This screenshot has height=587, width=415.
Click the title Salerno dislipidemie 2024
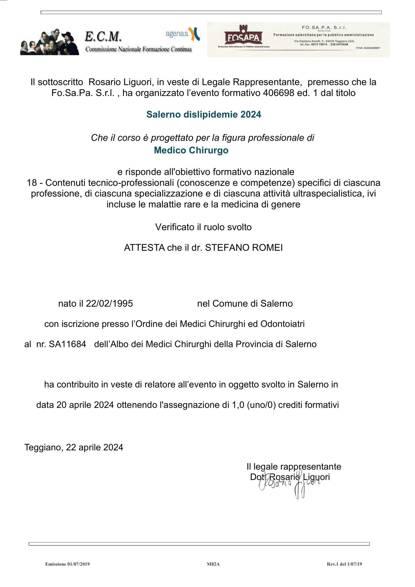pos(204,114)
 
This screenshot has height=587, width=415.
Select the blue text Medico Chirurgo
pos(191,150)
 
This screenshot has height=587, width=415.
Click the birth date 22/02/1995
pos(109,304)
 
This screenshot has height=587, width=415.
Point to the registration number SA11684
pos(67,344)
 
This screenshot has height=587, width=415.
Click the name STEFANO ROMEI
pos(244,248)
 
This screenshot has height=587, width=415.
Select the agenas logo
pos(183,34)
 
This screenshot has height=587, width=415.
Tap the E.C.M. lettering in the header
pos(103,36)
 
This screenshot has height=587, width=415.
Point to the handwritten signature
pos(289,485)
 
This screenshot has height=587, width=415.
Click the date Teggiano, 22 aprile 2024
pos(74,448)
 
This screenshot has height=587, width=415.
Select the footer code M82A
pos(213,564)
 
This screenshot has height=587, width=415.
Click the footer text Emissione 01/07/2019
pos(67,564)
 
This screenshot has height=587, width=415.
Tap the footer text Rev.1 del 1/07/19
pos(344,564)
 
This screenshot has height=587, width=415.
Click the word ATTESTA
pos(144,248)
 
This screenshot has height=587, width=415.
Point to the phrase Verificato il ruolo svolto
pos(203,227)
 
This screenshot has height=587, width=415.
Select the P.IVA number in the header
pos(368,48)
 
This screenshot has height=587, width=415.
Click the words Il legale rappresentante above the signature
pos(294,467)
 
